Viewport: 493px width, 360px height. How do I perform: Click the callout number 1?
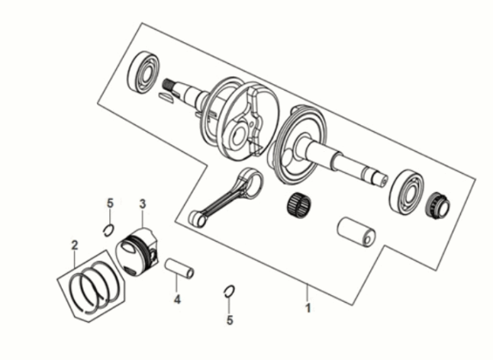click(x=308, y=307)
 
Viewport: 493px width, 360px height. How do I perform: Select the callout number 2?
click(x=75, y=245)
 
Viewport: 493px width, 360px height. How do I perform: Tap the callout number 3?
click(x=143, y=204)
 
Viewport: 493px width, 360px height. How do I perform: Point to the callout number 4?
click(x=177, y=300)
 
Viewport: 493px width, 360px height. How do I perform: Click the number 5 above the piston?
click(x=110, y=203)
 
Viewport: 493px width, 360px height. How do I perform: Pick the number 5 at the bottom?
click(x=230, y=320)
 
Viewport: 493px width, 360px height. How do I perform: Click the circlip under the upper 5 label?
click(x=108, y=230)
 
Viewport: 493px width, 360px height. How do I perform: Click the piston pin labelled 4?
click(x=179, y=268)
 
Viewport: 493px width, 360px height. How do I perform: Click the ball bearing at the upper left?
click(x=143, y=72)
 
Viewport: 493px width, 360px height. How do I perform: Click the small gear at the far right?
click(x=437, y=205)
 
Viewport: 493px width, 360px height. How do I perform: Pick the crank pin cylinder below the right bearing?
click(x=356, y=232)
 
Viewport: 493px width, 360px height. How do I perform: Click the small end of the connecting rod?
click(x=197, y=218)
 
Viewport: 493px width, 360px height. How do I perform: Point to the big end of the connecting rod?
click(x=250, y=181)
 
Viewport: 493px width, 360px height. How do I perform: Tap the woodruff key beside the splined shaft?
click(x=166, y=98)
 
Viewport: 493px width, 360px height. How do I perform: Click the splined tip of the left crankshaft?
click(x=168, y=84)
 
